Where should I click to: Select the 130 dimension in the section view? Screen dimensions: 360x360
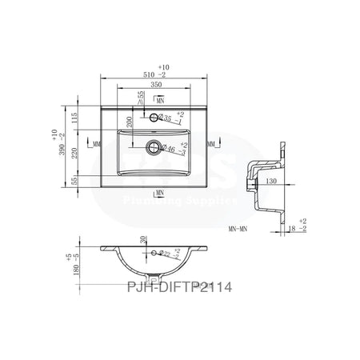pyautogui.click(x=272, y=181)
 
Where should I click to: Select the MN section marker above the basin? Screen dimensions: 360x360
pyautogui.click(x=160, y=102)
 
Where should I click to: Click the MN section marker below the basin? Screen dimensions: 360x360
pyautogui.click(x=160, y=193)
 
